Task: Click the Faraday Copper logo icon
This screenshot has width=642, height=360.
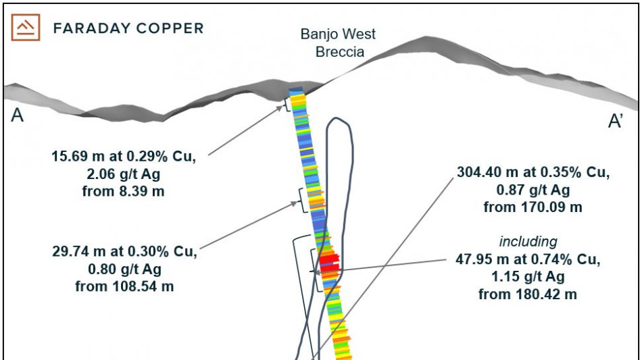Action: point(26,28)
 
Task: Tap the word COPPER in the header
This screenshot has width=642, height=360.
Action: point(172,28)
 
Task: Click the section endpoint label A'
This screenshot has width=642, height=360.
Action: point(616,121)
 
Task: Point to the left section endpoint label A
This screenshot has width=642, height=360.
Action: point(18,116)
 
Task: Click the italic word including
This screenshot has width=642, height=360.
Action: point(528,241)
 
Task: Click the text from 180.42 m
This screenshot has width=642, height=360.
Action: point(528,294)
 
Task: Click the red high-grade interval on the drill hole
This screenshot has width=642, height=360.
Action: point(328,261)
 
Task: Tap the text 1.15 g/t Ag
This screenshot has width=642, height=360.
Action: point(528,277)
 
